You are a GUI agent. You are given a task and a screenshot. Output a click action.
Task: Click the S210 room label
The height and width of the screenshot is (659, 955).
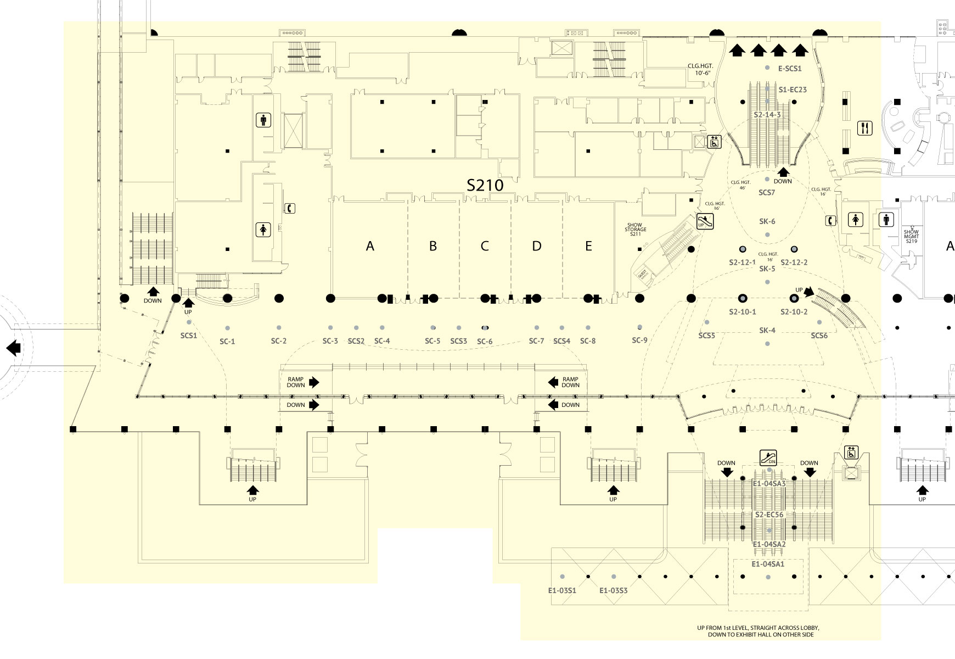[485, 185]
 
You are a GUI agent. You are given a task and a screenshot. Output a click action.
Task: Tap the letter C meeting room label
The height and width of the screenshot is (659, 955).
[485, 246]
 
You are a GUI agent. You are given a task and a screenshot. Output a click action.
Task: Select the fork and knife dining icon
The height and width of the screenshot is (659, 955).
[865, 129]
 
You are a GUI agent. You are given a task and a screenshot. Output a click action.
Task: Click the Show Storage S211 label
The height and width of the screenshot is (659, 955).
[635, 230]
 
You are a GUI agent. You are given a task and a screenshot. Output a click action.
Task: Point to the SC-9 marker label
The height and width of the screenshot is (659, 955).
[639, 340]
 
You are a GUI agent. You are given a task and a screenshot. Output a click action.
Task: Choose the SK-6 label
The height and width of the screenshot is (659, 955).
[767, 221]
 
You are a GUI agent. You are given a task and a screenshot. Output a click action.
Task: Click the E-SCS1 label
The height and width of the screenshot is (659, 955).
[790, 69]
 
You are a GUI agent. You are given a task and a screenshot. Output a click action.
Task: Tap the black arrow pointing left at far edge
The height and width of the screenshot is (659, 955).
[14, 348]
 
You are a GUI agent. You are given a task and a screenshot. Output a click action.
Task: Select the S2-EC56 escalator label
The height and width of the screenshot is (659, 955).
[769, 515]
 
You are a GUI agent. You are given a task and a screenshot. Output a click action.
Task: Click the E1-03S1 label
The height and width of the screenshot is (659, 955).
[562, 590]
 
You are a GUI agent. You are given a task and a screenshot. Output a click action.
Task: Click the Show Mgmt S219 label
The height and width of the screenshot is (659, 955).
[911, 236]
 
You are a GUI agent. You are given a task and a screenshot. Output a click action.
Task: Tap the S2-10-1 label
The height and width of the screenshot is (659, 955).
[743, 312]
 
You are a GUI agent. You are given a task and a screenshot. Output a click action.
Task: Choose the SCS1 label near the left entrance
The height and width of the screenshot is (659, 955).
[188, 335]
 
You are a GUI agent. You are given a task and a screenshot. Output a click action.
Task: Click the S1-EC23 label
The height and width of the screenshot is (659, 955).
[793, 90]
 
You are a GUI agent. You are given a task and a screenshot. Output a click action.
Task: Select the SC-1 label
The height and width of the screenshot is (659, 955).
[227, 341]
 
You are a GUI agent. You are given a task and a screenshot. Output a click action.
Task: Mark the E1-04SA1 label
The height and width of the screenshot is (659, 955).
[768, 564]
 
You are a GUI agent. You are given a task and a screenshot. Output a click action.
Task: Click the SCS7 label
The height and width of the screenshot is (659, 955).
[767, 193]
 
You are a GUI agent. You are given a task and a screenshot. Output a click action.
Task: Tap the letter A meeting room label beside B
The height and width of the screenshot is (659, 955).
[370, 246]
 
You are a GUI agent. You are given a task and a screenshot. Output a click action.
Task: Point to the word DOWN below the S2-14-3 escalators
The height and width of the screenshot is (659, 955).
[783, 181]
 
